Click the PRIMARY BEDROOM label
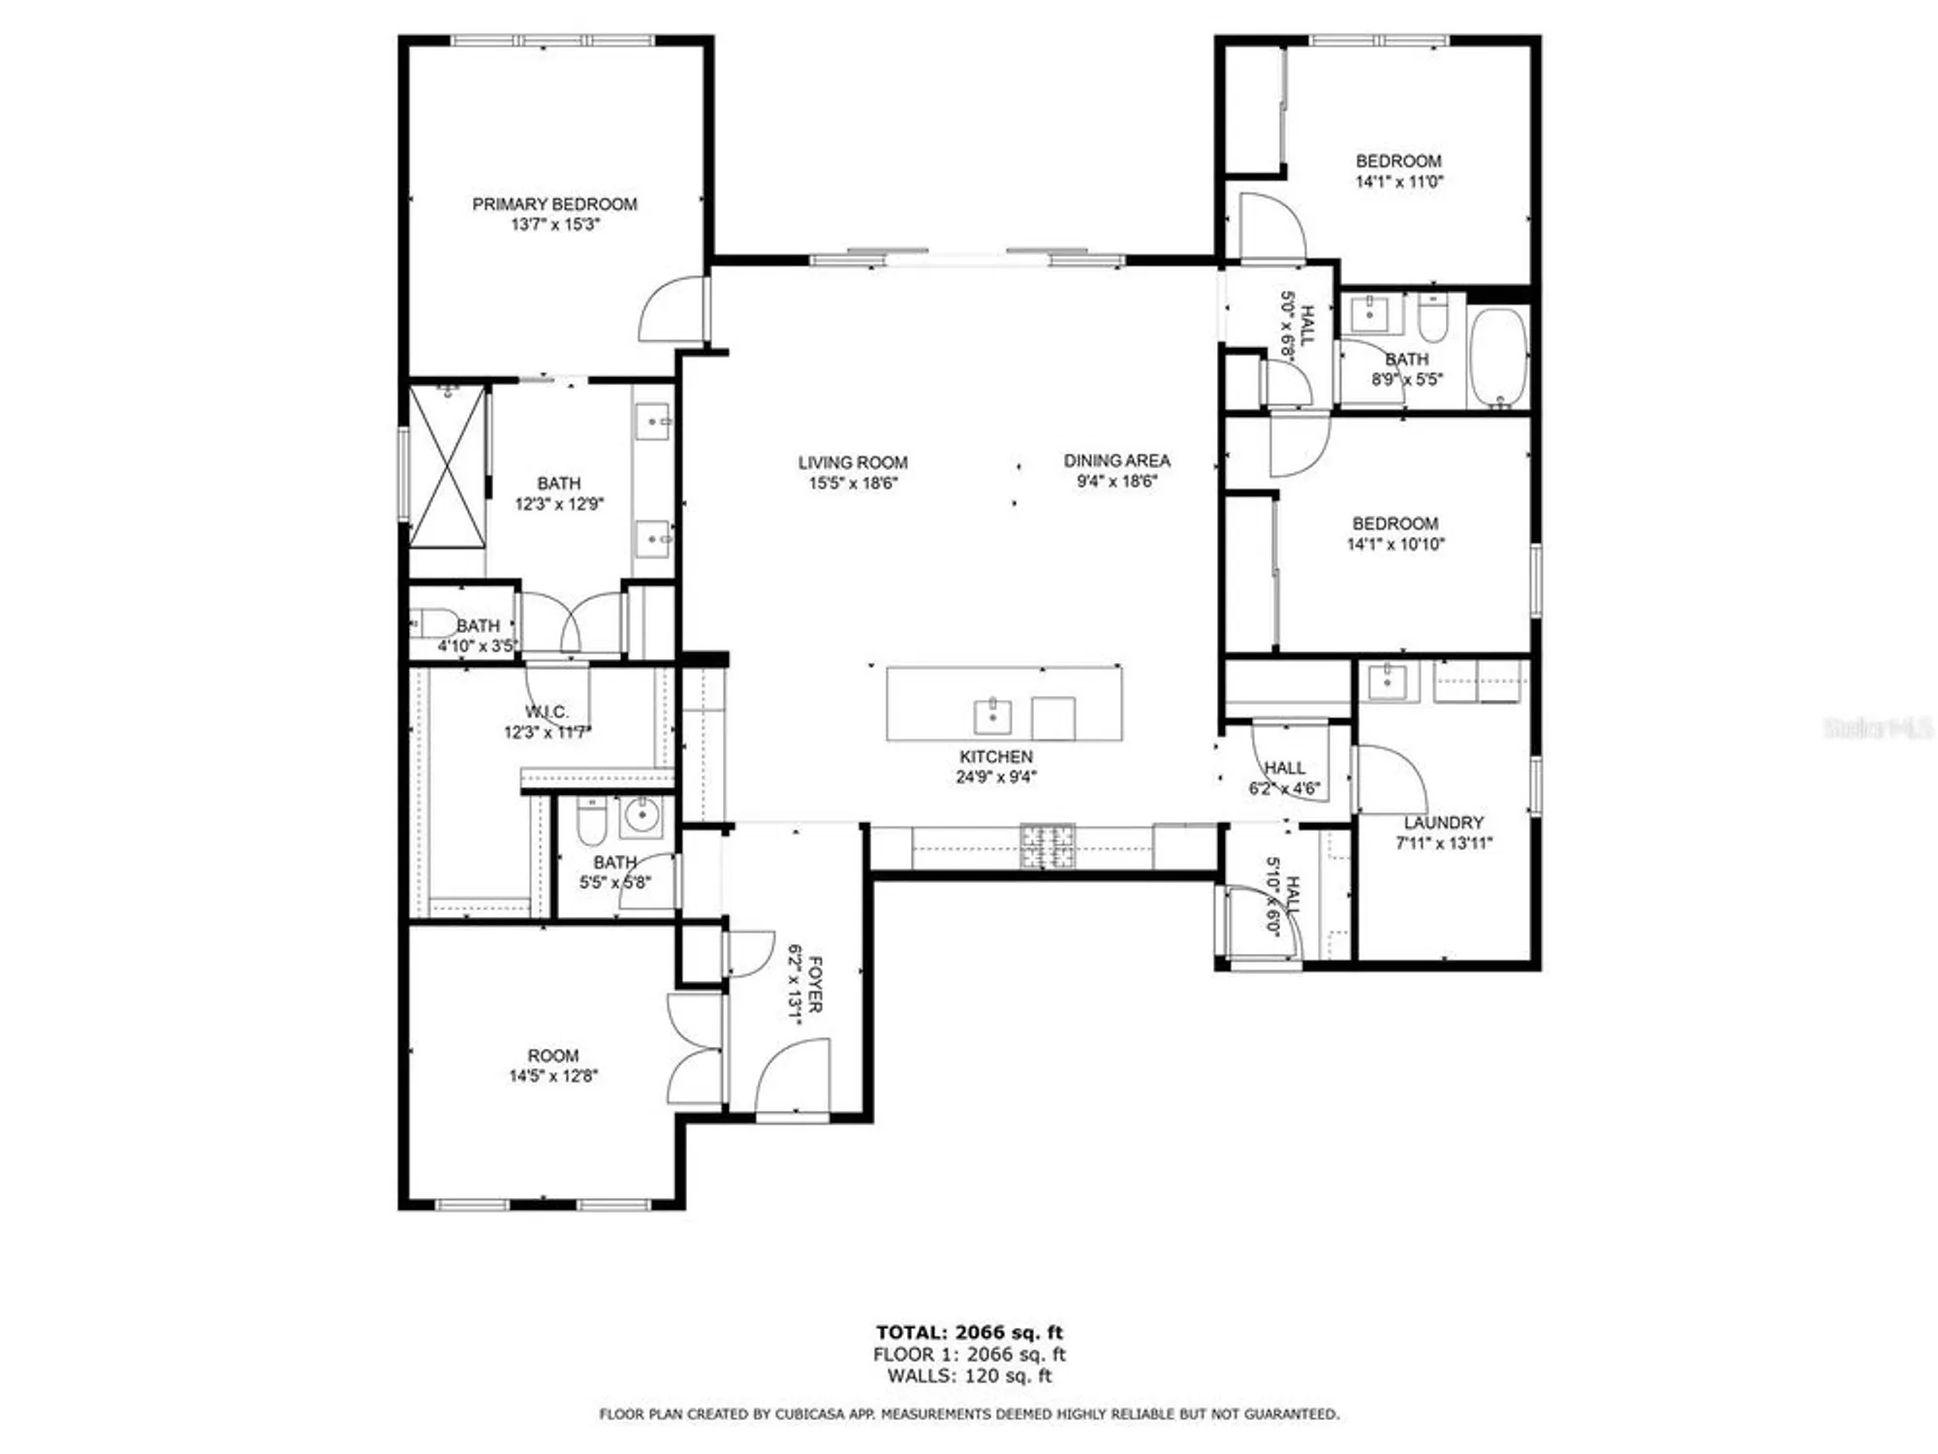[x=554, y=204]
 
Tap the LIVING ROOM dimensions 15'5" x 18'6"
[x=853, y=483]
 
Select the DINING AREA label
[x=1116, y=460]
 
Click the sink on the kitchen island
[x=992, y=716]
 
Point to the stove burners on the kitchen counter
[x=1047, y=845]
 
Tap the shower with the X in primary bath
[x=447, y=466]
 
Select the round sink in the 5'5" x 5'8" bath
[x=641, y=815]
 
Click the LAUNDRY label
[x=1443, y=822]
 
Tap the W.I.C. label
[x=547, y=711]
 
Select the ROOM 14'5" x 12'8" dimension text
[x=553, y=1075]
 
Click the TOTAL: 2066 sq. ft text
[x=969, y=1333]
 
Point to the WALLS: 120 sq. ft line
[x=969, y=1375]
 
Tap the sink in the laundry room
[x=1387, y=681]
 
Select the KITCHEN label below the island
[x=996, y=756]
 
